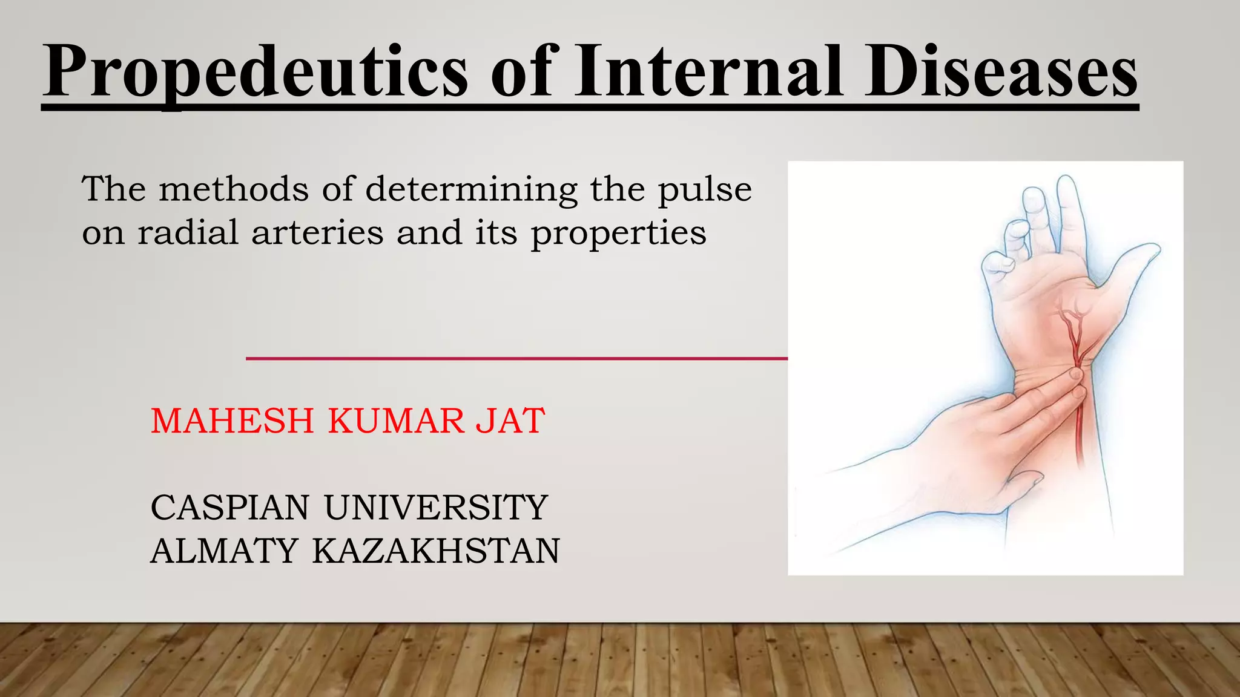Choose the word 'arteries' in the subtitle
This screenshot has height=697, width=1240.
317,232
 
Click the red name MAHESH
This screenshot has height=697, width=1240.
232,421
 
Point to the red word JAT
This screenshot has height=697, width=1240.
510,421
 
